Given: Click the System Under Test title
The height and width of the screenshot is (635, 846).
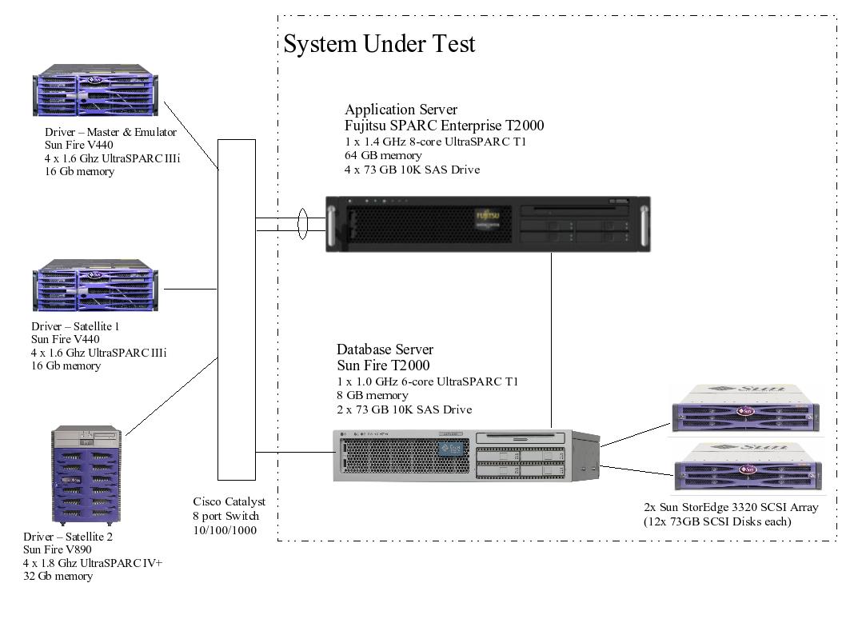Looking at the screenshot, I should pyautogui.click(x=379, y=44).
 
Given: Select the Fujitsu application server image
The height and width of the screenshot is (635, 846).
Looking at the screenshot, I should pyautogui.click(x=489, y=225).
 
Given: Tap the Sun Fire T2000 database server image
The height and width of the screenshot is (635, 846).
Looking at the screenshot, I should pyautogui.click(x=466, y=455).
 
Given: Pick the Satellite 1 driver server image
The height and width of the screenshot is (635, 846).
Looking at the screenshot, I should pyautogui.click(x=95, y=286).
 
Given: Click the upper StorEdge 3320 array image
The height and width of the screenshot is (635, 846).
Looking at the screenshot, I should pyautogui.click(x=744, y=410).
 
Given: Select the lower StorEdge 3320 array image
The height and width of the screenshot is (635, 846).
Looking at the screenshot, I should pyautogui.click(x=744, y=466).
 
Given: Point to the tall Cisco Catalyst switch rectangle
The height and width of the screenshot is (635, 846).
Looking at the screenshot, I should pyautogui.click(x=236, y=312).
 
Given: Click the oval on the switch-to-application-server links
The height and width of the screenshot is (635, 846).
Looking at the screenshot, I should pyautogui.click(x=302, y=224).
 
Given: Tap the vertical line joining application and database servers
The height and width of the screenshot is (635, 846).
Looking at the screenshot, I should pyautogui.click(x=552, y=340).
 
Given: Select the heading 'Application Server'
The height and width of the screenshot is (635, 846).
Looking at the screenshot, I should pyautogui.click(x=401, y=110).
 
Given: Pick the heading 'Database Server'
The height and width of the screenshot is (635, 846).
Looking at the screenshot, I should pyautogui.click(x=385, y=349).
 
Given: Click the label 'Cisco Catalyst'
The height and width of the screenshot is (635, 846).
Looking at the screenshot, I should pyautogui.click(x=229, y=502).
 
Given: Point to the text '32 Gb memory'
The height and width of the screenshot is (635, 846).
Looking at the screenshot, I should pyautogui.click(x=58, y=576).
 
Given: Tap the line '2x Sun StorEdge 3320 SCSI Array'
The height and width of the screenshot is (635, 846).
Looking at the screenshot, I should pyautogui.click(x=731, y=508).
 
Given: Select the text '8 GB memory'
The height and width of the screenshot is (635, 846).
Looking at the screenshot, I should pyautogui.click(x=372, y=395).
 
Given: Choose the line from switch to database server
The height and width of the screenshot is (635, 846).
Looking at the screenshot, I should pyautogui.click(x=294, y=453).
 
